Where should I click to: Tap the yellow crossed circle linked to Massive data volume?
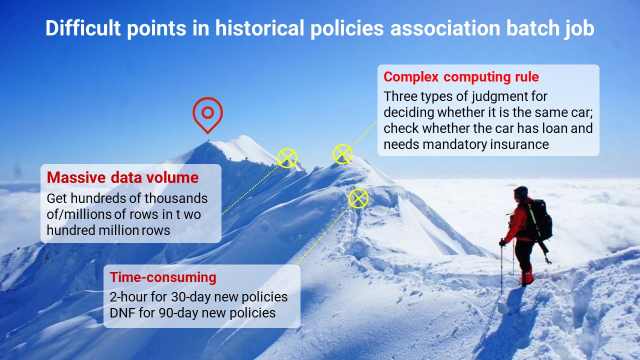coord(287,158)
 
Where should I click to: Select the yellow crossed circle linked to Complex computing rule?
coord(342,154)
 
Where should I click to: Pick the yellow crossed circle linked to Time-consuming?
coord(358,198)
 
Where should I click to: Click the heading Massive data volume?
coord(123,177)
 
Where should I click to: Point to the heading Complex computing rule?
coord(461,77)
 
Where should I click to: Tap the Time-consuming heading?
coord(163,277)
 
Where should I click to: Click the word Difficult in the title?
coord(83,28)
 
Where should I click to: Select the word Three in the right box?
coord(399,96)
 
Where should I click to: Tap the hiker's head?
coord(520,193)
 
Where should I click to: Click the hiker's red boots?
coord(527,276)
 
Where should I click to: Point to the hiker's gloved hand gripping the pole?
coord(503,243)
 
